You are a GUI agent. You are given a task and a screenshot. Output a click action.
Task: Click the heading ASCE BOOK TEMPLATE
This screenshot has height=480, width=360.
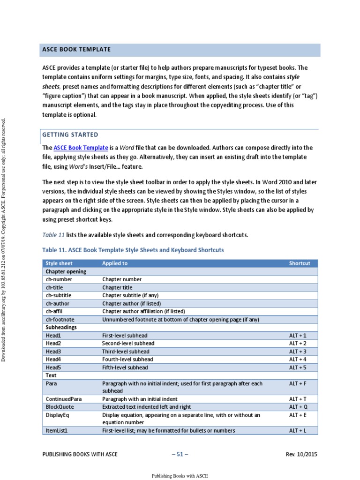[76, 49]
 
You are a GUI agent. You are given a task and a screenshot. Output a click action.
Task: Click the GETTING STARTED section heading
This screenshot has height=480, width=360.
[70, 135]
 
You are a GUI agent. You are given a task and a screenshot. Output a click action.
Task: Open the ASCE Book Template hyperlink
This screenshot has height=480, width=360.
[81, 148]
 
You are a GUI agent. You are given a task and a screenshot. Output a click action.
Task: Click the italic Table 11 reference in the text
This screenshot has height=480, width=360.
[53, 235]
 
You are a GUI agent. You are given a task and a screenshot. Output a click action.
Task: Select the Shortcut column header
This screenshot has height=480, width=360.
[300, 263]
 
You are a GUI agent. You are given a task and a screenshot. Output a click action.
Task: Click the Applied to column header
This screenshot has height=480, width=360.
[115, 263]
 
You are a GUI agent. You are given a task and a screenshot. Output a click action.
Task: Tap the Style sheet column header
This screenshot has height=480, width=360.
[59, 263]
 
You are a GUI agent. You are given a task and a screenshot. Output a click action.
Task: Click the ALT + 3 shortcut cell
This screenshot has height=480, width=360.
[298, 352]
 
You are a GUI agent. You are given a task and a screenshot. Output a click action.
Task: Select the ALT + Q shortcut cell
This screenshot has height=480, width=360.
[298, 407]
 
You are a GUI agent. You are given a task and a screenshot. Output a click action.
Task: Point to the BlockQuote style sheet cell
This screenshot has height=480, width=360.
[60, 407]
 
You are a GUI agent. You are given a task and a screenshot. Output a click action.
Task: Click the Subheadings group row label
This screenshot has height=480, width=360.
[61, 327]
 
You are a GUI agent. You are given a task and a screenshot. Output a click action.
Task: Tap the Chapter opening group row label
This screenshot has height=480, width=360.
[66, 271]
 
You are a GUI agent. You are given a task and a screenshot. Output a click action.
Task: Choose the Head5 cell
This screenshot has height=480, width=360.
[53, 367]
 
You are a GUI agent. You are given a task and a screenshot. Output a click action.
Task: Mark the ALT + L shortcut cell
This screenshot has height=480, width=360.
[298, 430]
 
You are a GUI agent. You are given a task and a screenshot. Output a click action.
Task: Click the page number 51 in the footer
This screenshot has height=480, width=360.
[180, 454]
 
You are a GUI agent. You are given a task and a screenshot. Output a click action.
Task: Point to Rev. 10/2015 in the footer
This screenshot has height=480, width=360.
[301, 454]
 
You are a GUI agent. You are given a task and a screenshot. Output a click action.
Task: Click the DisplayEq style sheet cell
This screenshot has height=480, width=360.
[58, 415]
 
